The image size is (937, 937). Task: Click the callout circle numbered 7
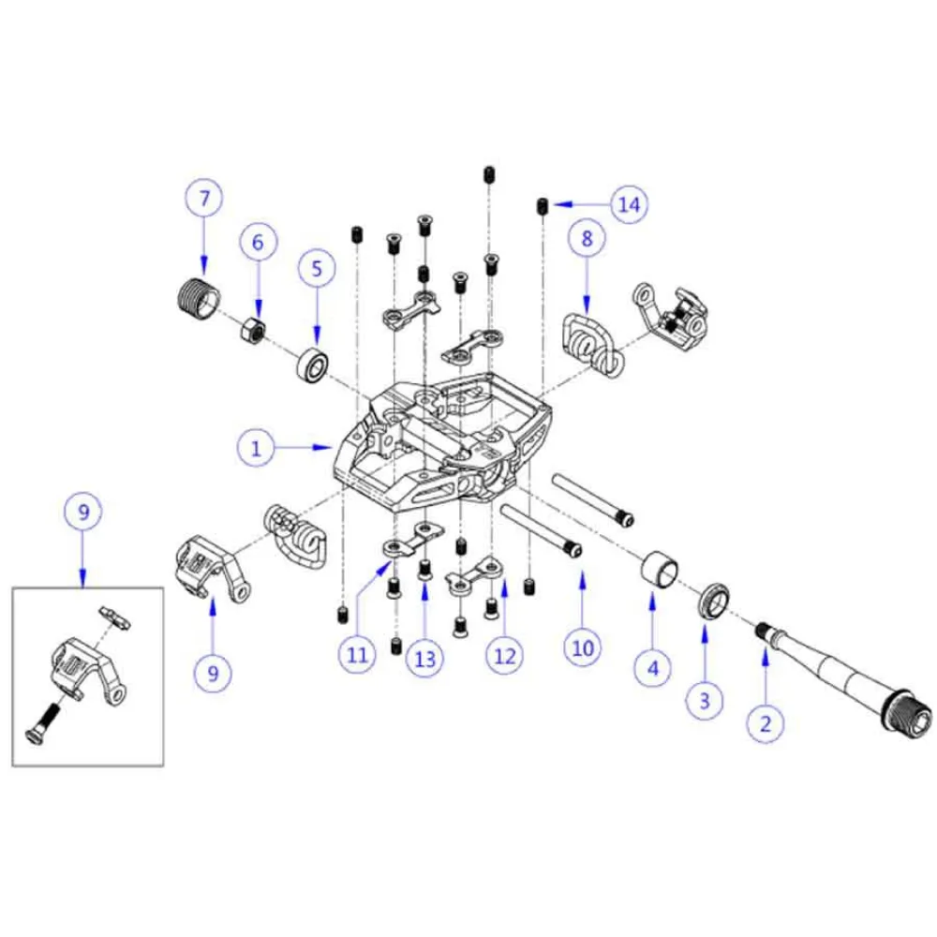tap(203, 197)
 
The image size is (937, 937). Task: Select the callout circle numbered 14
tap(630, 204)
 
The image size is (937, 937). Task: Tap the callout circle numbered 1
tap(256, 448)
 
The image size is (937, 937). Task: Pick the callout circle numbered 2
tap(766, 723)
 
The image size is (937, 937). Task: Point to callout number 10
tap(583, 647)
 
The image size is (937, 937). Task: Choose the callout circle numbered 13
tap(424, 659)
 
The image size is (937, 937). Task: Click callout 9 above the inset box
tap(83, 512)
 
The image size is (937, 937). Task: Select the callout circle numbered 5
tap(317, 268)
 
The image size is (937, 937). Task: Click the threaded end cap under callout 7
tap(200, 299)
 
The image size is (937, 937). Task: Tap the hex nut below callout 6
tap(253, 329)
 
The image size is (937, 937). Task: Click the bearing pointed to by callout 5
tap(314, 365)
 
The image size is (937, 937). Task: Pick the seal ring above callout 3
tap(713, 601)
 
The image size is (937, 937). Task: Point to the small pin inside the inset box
tap(114, 617)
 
